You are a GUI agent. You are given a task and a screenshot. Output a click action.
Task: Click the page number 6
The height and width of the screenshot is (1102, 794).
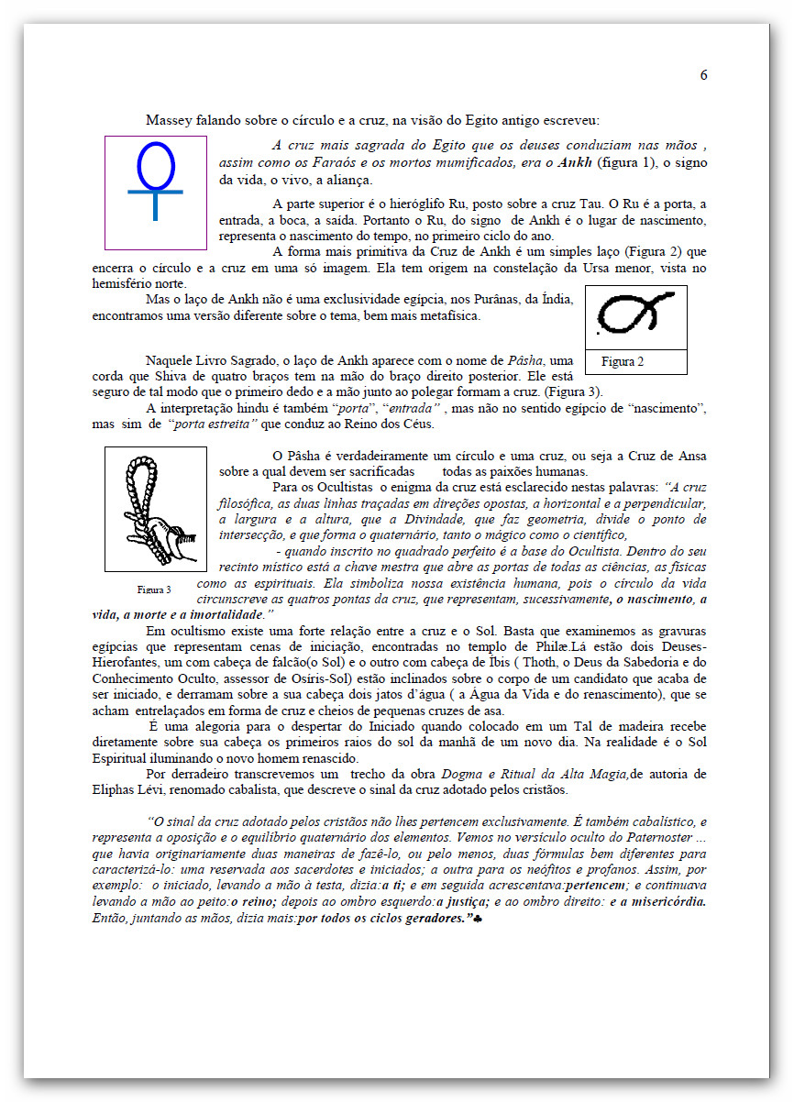coord(703,75)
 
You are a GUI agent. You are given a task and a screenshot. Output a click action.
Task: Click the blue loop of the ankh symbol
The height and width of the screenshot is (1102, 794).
coord(155,165)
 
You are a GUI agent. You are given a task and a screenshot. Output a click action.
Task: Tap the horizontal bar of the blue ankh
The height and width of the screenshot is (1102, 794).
coord(155,192)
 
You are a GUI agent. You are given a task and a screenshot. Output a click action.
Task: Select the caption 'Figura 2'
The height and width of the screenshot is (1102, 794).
coord(623,362)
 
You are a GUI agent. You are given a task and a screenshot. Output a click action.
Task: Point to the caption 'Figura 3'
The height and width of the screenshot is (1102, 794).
coord(154,590)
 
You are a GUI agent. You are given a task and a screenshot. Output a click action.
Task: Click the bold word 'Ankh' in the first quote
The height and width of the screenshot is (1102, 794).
coord(574,162)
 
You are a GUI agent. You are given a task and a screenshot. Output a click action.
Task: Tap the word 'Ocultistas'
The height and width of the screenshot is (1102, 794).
coord(356,488)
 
